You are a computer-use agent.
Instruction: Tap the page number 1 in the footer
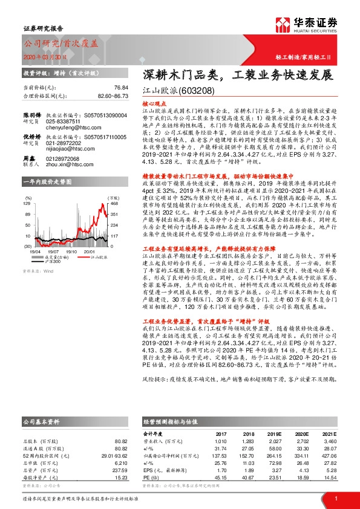(x=335, y=498)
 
